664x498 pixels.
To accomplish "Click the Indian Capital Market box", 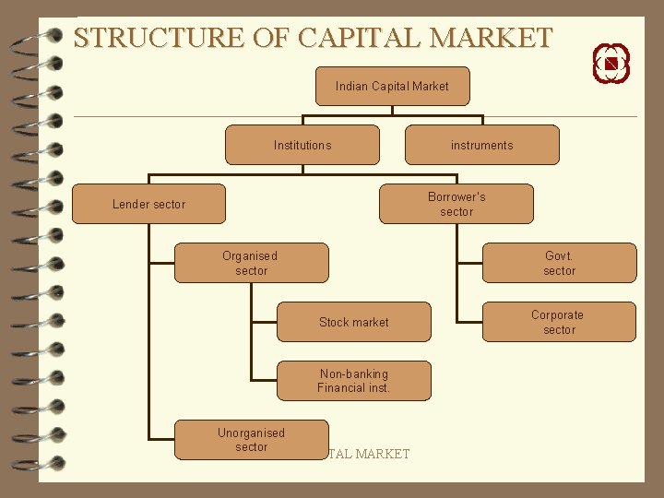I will [x=392, y=86].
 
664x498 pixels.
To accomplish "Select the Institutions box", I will [x=302, y=145].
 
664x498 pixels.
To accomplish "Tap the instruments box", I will [x=481, y=145].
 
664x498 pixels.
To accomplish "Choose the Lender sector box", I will [x=148, y=204].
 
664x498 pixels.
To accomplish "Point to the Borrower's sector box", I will [x=456, y=204].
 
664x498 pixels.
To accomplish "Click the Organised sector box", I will [x=251, y=263].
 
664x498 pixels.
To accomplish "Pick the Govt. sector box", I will [x=559, y=263].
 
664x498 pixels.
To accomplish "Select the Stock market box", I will [x=353, y=322].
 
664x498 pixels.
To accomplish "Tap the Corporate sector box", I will [x=559, y=322].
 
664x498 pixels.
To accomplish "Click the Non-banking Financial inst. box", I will [x=353, y=381].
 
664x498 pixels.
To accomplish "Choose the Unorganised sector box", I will [x=251, y=440].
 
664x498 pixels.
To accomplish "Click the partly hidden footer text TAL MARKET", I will [x=369, y=454].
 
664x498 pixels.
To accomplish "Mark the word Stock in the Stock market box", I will [x=333, y=322].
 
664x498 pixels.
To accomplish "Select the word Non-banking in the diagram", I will [x=353, y=373].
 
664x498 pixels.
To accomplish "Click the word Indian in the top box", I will [x=351, y=86].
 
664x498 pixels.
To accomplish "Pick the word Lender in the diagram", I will [x=130, y=204].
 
